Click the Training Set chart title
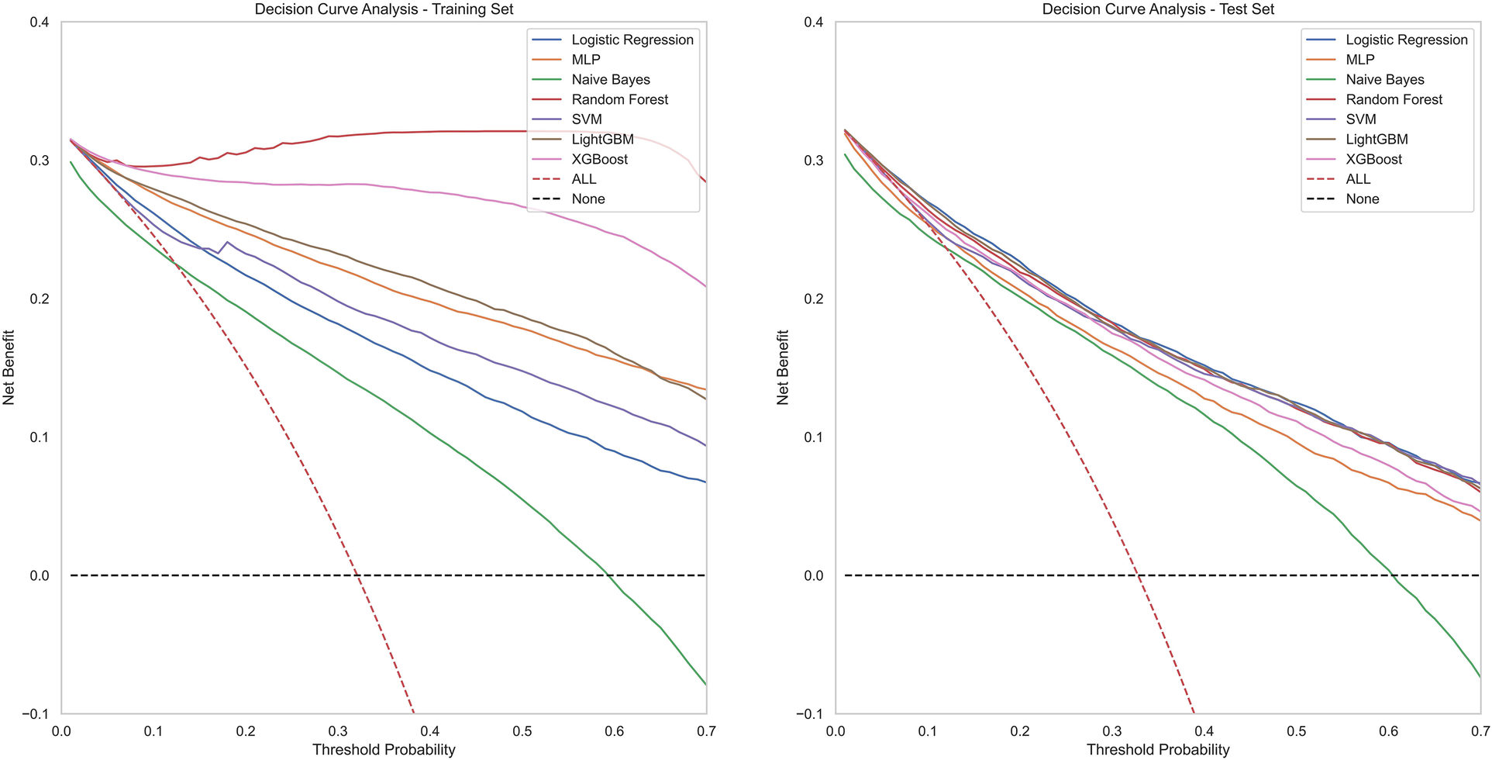pos(384,9)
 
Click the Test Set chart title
pos(1158,9)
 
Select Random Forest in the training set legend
pos(619,99)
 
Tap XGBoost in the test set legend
pos(1373,159)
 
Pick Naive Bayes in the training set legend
pos(610,79)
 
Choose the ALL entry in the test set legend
pos(1358,179)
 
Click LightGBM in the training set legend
pos(602,139)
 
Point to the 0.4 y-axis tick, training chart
pos(39,22)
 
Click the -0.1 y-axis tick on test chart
pos(810,713)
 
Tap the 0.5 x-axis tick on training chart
pos(522,731)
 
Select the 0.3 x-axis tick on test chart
pos(1111,731)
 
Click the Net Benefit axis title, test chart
pos(783,368)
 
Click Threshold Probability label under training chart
pos(384,749)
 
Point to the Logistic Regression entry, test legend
pos(1406,40)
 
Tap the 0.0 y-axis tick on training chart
pos(39,575)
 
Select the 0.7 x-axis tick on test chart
pos(1480,731)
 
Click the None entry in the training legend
pos(587,199)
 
